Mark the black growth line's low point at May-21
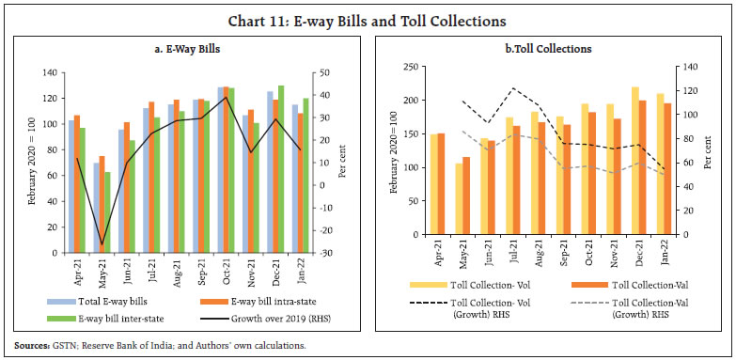[x=102, y=245]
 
